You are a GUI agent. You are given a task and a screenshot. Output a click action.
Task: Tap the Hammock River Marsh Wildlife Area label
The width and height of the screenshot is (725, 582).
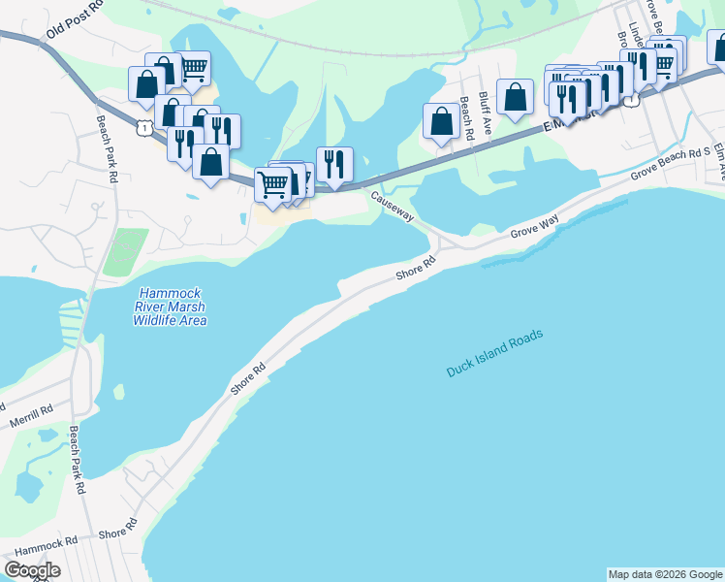(x=171, y=306)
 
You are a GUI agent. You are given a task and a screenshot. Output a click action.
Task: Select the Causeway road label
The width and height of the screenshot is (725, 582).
(x=392, y=206)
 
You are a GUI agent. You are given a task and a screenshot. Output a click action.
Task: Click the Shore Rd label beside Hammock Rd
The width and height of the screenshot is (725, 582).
(x=117, y=530)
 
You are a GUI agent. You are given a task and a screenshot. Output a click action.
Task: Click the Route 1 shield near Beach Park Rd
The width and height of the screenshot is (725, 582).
(x=143, y=128)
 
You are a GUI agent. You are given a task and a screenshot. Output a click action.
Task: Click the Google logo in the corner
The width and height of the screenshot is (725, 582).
(x=32, y=569)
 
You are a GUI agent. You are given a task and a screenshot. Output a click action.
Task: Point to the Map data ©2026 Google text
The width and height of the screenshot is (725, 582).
(x=664, y=574)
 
